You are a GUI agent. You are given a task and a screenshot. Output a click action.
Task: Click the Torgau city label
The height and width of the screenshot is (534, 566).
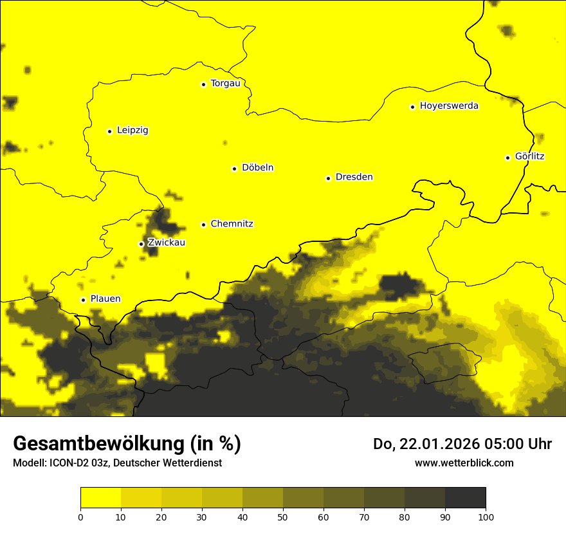pyautogui.click(x=225, y=84)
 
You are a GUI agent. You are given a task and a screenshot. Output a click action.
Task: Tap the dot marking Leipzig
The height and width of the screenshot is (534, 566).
pyautogui.click(x=109, y=131)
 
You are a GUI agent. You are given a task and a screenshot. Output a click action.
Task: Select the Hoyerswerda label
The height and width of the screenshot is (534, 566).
pyautogui.click(x=449, y=106)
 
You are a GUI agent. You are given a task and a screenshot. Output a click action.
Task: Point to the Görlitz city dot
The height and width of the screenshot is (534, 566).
pyautogui.click(x=507, y=158)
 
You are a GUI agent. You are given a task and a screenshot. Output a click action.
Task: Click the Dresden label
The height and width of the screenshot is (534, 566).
pyautogui.click(x=354, y=177)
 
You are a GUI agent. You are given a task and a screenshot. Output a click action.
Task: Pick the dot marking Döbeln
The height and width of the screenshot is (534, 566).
pyautogui.click(x=234, y=169)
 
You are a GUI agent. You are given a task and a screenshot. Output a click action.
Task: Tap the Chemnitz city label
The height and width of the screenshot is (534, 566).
pyautogui.click(x=232, y=224)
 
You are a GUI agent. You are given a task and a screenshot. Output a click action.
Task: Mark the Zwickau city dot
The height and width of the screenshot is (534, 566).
pyautogui.click(x=141, y=244)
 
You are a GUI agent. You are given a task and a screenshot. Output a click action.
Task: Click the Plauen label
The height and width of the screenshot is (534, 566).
pyautogui.click(x=105, y=299)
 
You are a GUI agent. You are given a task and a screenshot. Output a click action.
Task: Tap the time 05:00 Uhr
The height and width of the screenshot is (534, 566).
pyautogui.click(x=521, y=444)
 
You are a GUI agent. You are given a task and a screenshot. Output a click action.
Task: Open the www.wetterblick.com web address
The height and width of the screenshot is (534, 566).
pyautogui.click(x=464, y=463)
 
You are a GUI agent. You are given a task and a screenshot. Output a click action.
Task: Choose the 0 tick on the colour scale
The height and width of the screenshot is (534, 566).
pyautogui.click(x=80, y=516)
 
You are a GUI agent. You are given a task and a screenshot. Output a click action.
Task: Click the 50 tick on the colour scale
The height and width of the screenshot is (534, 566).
pyautogui.click(x=283, y=516)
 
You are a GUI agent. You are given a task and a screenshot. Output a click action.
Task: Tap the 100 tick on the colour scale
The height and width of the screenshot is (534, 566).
pyautogui.click(x=486, y=516)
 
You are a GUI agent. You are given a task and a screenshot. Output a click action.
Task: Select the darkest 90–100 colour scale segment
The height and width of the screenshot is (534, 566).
pyautogui.click(x=465, y=498)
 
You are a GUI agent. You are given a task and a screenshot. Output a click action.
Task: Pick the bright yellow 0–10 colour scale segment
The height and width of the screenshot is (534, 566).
pyautogui.click(x=100, y=498)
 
